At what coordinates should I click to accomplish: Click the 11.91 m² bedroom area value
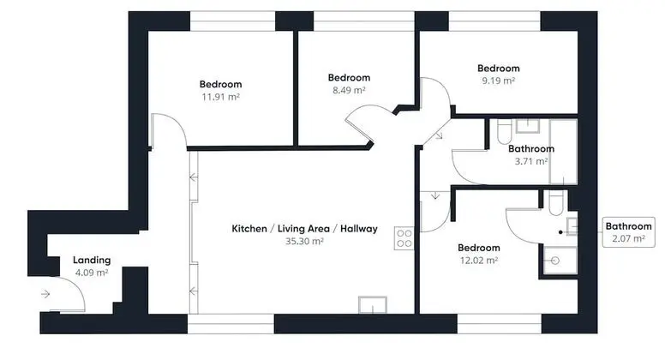click(220, 97)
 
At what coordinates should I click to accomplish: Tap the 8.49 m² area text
click(349, 90)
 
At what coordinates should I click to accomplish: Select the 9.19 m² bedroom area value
click(499, 81)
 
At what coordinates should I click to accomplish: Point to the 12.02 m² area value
click(479, 261)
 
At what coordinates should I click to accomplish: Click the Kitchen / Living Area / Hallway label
click(304, 229)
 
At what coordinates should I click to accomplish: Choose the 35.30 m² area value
click(304, 241)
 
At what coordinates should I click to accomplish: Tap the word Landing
click(92, 261)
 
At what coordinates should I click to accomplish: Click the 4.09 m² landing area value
click(92, 273)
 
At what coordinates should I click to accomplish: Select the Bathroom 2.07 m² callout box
click(628, 232)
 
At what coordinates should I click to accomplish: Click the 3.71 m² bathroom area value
click(531, 161)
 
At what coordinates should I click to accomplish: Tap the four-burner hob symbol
click(404, 238)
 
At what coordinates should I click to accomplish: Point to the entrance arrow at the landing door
click(45, 294)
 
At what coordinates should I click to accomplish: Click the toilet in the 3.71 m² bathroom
click(504, 132)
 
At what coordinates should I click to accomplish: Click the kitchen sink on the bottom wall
click(373, 305)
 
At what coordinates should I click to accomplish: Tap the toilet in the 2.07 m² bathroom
click(555, 203)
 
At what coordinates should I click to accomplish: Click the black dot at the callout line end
click(560, 232)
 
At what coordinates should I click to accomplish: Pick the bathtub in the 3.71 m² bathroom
click(563, 152)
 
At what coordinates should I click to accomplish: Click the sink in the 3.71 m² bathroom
click(528, 126)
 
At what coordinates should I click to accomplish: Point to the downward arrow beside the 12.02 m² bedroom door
click(435, 195)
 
